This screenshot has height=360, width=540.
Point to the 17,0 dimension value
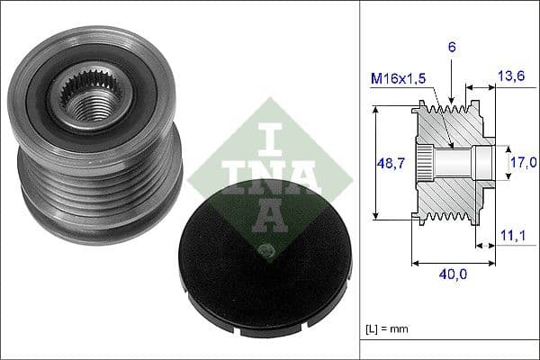pos(523,163)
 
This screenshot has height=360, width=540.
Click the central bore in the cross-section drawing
pos(454,163)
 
